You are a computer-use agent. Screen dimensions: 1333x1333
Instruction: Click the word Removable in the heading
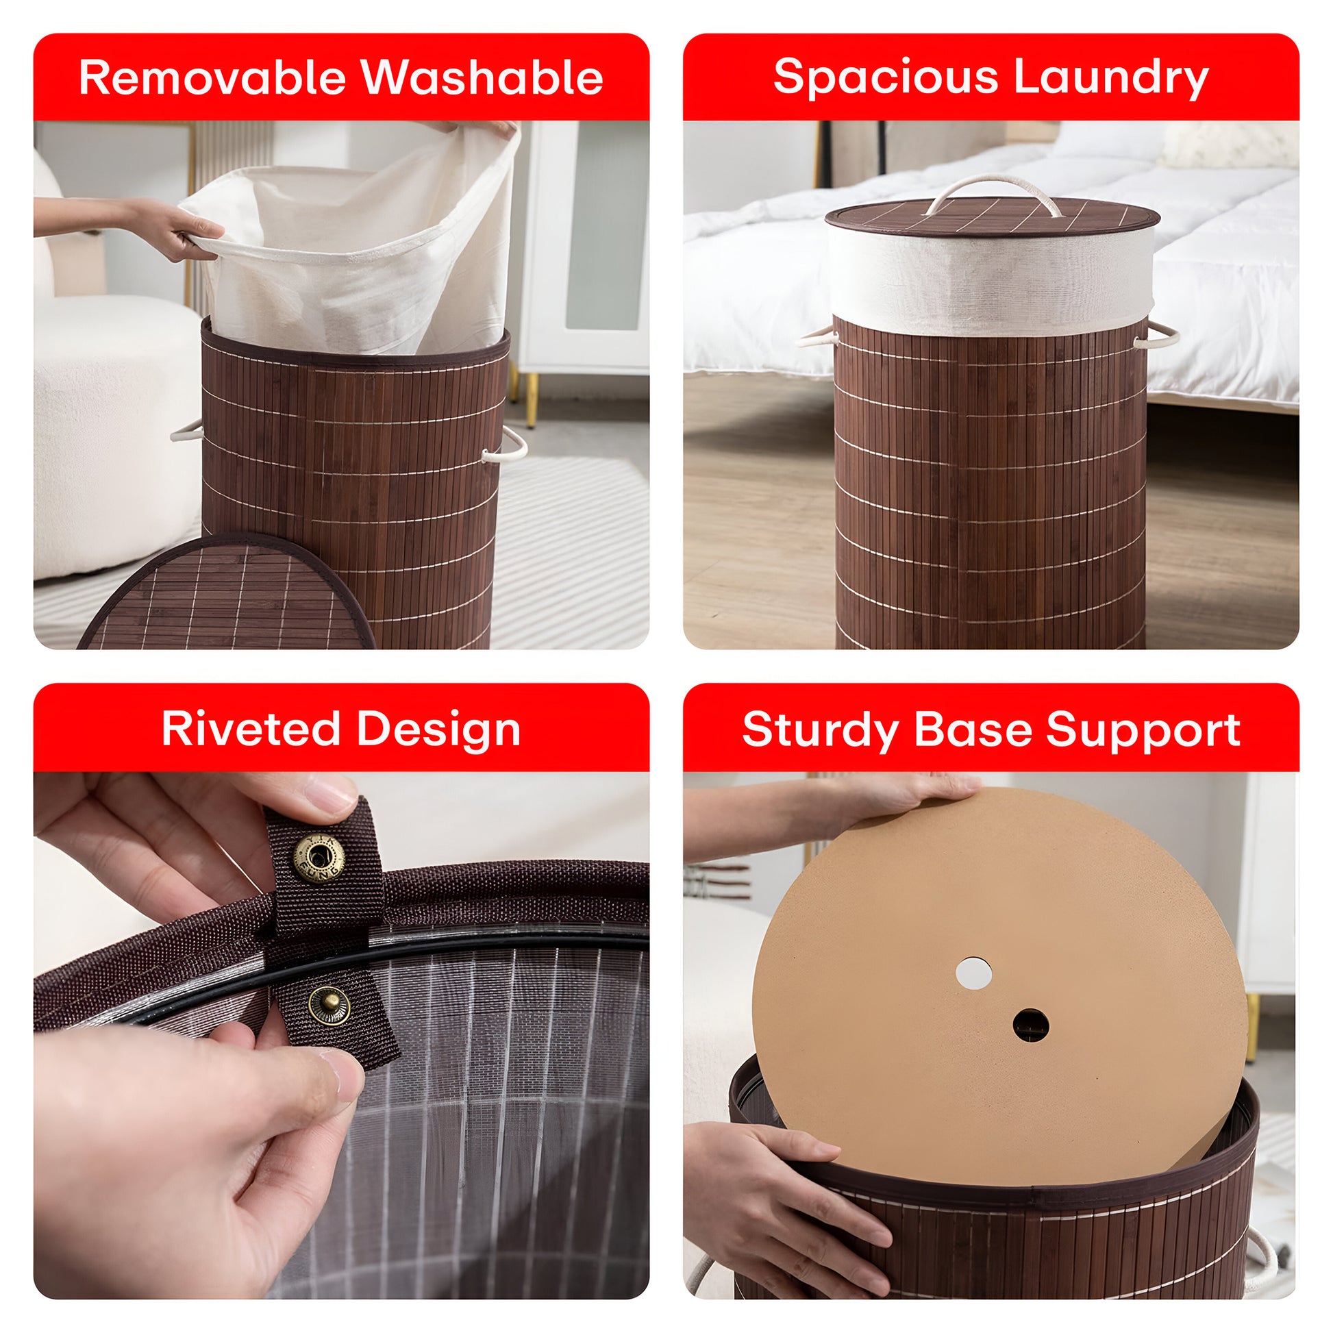pyautogui.click(x=211, y=77)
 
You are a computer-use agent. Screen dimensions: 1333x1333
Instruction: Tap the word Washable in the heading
pyautogui.click(x=482, y=77)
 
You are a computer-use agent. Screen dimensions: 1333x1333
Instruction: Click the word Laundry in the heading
pyautogui.click(x=1112, y=78)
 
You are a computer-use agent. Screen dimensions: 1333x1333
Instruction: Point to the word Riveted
pyautogui.click(x=251, y=729)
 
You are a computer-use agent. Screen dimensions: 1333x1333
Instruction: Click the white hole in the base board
pyautogui.click(x=973, y=973)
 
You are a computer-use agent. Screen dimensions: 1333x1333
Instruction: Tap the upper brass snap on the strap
pyautogui.click(x=319, y=858)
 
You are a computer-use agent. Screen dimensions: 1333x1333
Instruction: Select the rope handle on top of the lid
pyautogui.click(x=991, y=193)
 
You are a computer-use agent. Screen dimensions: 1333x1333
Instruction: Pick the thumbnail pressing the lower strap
pyautogui.click(x=343, y=1073)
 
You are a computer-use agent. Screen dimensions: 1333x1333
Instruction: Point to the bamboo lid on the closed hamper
pyautogui.click(x=992, y=215)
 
